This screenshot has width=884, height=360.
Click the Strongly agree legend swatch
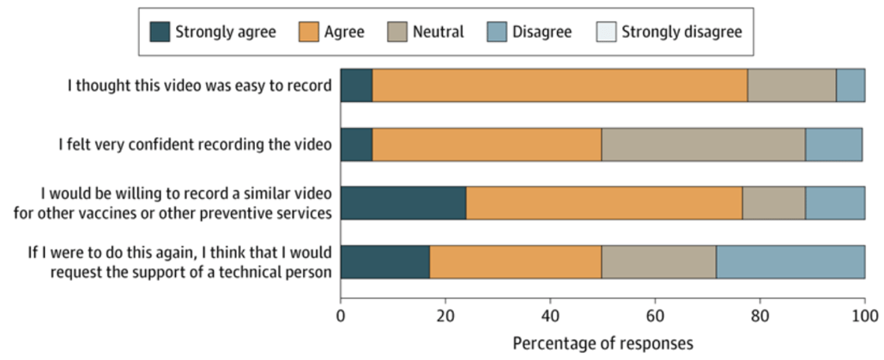coord(159,32)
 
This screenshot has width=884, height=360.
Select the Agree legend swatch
coord(308,32)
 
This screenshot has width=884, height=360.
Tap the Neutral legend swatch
coord(396,32)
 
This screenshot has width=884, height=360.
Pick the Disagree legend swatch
coord(496,32)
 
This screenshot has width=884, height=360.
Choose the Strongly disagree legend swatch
coord(605,32)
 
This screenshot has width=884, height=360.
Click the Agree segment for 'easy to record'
coord(560,85)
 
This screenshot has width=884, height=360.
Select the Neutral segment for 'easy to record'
coord(792,85)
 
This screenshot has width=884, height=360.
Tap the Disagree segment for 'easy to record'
coord(850,85)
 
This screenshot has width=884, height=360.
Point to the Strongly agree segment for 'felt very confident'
coord(356,144)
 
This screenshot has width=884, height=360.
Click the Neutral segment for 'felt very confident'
coord(703,144)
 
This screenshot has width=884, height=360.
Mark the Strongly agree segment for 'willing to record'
coord(403,203)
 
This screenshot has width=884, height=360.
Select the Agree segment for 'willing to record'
coord(604,203)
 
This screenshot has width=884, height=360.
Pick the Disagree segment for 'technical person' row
coord(790,262)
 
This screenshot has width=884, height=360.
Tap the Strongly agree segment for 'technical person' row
coord(385,262)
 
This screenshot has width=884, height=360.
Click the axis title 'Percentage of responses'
coord(603,344)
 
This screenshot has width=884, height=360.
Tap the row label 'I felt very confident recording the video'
coord(195,144)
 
